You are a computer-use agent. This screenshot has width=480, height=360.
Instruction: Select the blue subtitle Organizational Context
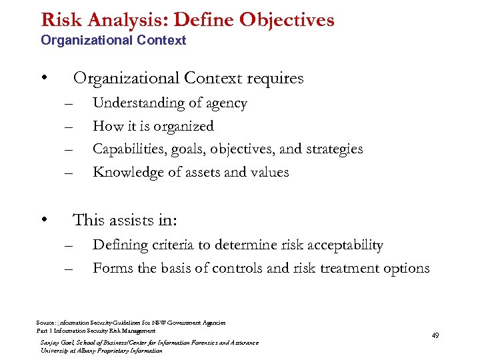click(113, 41)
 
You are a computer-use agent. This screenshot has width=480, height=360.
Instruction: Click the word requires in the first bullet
click(275, 79)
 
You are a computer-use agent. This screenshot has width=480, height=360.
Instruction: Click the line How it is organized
click(153, 126)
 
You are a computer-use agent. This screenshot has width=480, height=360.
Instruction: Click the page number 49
click(435, 335)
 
